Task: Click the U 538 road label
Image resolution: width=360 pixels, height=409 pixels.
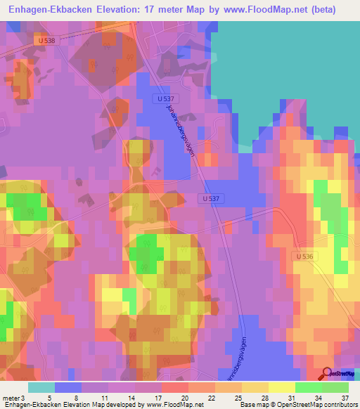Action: tap(47, 41)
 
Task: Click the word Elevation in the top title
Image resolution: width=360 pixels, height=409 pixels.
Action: tap(142, 10)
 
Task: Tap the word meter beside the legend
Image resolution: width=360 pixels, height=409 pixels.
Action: tap(11, 379)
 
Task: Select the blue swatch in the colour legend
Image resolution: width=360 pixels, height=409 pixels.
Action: tap(67, 388)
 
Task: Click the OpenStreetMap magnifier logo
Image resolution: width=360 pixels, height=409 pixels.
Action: tap(327, 374)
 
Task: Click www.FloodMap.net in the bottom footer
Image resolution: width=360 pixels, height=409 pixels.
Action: tap(173, 405)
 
